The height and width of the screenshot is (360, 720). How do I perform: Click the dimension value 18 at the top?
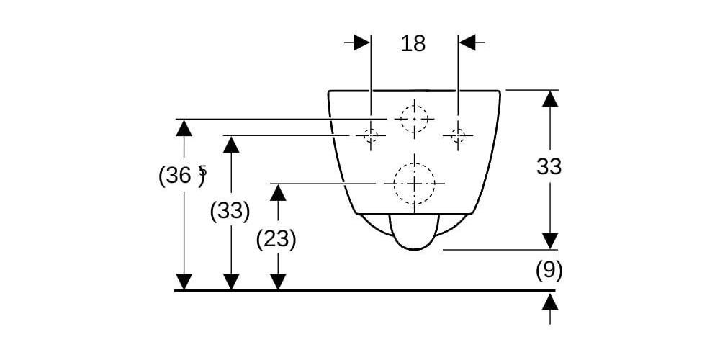pos(413,43)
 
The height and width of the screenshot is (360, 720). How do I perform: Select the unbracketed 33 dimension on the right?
pos(549,167)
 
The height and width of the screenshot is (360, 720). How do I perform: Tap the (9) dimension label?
pos(549,271)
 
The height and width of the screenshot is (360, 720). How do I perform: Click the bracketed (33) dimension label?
pos(230,212)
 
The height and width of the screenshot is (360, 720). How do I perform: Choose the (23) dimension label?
pos(276,239)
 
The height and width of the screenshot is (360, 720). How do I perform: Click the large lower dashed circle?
pos(414,183)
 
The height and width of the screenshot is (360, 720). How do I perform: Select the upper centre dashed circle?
pos(414,118)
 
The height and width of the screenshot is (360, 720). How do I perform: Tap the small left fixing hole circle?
pos(371,135)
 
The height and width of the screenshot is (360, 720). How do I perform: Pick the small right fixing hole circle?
pos(457,134)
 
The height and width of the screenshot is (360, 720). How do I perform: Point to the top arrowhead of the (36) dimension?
pos(184,128)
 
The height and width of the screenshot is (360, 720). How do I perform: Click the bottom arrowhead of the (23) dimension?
pos(278,282)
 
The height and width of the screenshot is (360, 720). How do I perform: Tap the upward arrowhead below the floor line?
pos(550,302)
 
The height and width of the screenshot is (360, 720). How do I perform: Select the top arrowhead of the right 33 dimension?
pos(550,99)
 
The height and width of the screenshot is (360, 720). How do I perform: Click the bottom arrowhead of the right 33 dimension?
pos(550,240)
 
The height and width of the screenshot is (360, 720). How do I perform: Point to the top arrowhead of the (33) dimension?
pos(230,144)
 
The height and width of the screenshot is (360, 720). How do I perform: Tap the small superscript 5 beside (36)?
pos(202,171)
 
